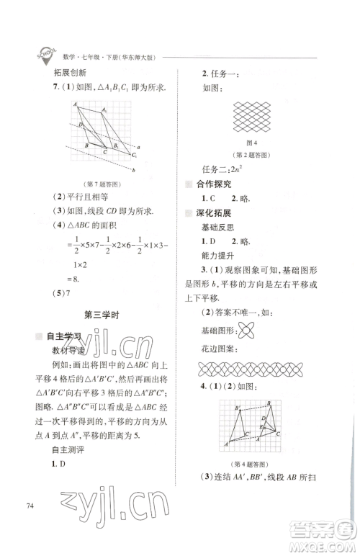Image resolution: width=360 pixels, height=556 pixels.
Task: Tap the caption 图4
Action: click(x=251, y=144)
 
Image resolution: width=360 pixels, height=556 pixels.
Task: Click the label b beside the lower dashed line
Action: click(x=134, y=170)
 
